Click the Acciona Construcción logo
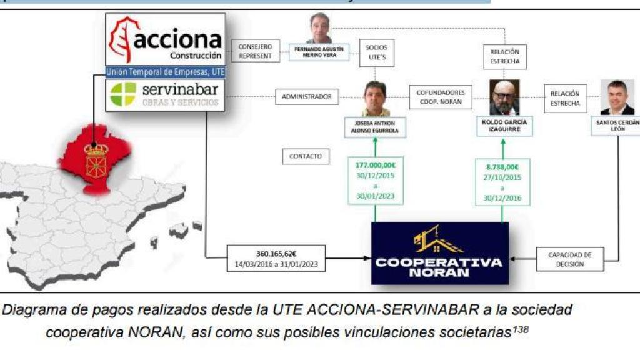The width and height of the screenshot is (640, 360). coord(165,39)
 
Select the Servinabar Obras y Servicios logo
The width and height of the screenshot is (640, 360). coord(165,94)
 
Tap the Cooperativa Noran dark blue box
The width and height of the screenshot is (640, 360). coord(439,253)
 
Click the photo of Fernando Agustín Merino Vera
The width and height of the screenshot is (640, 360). coord(319,28)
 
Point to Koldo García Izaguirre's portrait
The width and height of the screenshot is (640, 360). coord(504,97)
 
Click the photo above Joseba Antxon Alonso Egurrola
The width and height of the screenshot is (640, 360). coord(376,98)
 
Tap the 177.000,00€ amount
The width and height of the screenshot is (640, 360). coord(375,166)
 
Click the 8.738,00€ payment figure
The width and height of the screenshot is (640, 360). coord(502,167)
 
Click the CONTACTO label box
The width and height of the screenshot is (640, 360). coord(306,156)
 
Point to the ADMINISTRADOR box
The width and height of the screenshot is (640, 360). coord(307,97)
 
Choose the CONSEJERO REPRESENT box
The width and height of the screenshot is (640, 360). coord(254,51)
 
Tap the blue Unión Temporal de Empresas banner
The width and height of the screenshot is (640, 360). coord(165,72)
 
